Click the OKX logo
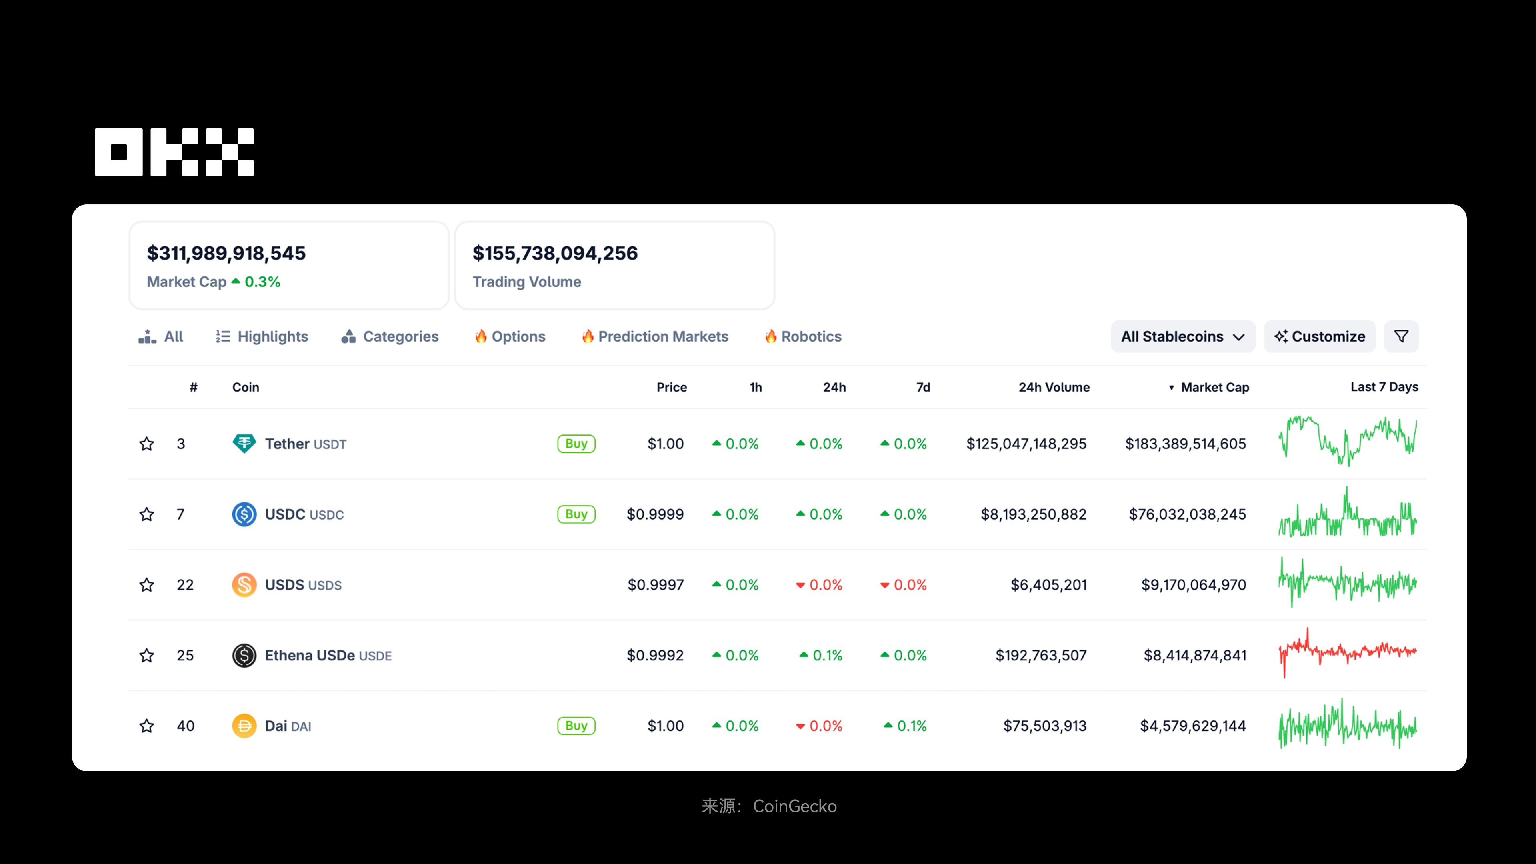tap(174, 152)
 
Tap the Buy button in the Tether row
tap(576, 444)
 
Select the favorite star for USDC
tap(147, 514)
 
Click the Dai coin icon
tap(244, 726)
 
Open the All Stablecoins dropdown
tap(1182, 336)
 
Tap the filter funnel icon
tap(1401, 336)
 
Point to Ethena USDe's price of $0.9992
tap(655, 655)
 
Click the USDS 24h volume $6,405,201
tap(1048, 585)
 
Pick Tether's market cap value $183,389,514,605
tap(1185, 444)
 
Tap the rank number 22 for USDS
tap(185, 585)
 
